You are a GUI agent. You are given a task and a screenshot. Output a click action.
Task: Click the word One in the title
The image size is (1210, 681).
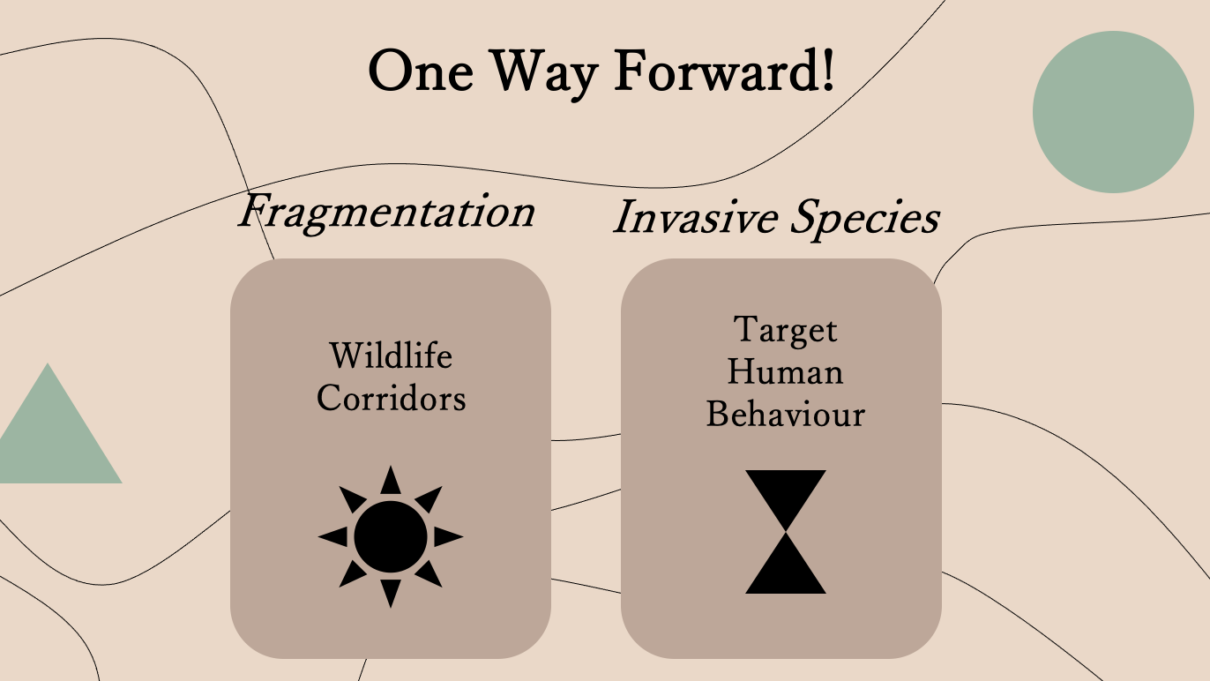(421, 71)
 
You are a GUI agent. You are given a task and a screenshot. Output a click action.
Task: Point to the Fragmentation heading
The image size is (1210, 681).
(387, 213)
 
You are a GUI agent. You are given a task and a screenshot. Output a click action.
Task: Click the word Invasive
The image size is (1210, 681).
(696, 217)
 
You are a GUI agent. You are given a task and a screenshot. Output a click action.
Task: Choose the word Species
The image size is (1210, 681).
(865, 219)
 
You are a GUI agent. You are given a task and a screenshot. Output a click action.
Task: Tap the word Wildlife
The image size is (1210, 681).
(391, 355)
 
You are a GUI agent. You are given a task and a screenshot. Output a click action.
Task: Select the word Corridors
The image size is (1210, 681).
(391, 399)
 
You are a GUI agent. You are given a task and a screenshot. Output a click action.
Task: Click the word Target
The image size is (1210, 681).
(786, 330)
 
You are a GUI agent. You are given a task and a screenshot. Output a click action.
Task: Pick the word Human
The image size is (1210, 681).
(786, 372)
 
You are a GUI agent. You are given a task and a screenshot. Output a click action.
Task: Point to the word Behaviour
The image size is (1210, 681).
(786, 415)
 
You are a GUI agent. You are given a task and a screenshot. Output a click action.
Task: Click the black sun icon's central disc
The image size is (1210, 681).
(391, 536)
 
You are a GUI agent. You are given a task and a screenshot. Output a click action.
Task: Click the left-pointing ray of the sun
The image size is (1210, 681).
(334, 536)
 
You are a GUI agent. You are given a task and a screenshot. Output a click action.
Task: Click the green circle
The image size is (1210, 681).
(1113, 112)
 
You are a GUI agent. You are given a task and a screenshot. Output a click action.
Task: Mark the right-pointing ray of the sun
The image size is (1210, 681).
(447, 536)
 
